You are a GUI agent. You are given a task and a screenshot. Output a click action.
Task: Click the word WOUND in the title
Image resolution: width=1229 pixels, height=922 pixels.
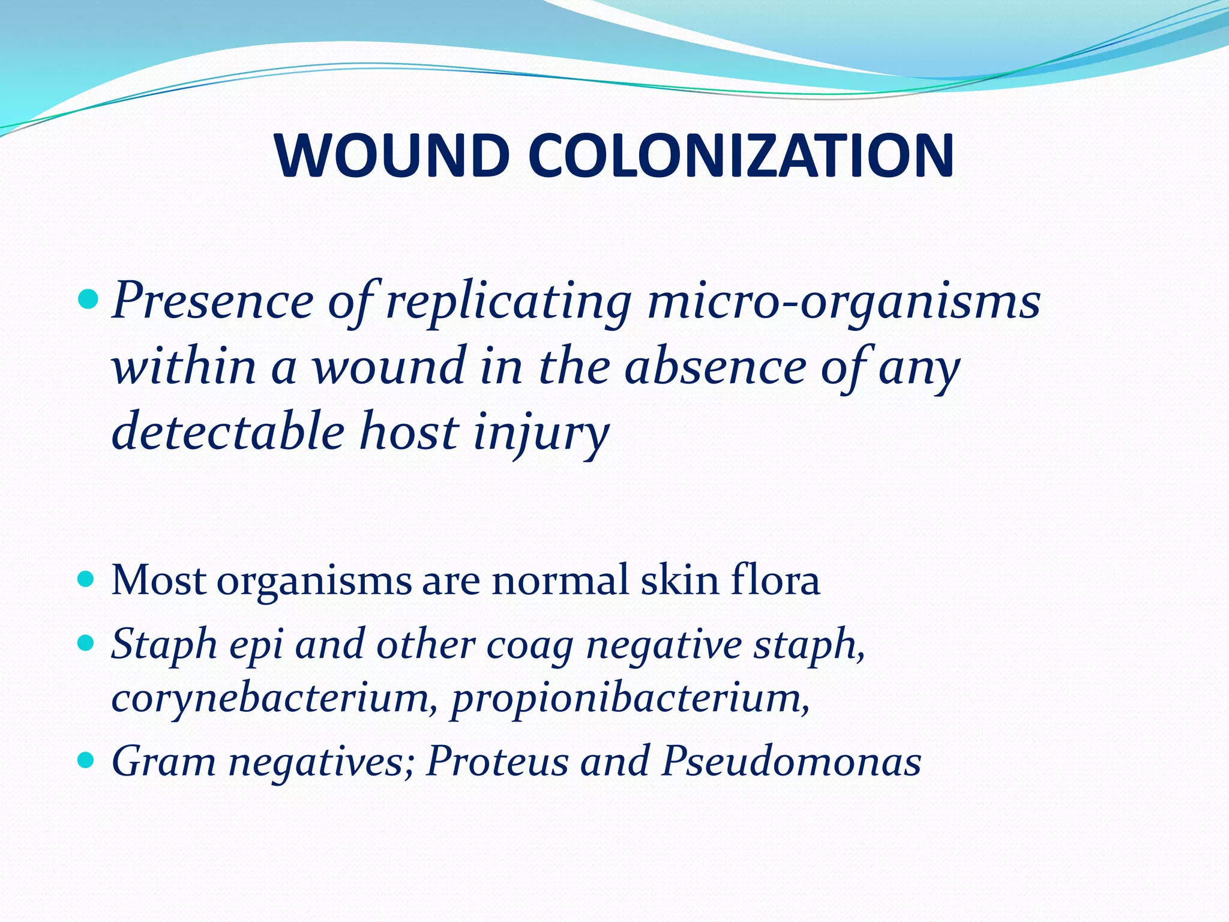coord(391,155)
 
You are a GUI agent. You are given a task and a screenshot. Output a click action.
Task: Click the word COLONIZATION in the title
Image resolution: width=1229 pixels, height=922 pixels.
coord(742,155)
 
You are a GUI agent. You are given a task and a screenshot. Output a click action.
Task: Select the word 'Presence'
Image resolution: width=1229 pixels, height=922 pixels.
coord(213,300)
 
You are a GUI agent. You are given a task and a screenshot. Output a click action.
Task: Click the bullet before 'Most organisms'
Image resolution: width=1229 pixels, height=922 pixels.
coord(88,579)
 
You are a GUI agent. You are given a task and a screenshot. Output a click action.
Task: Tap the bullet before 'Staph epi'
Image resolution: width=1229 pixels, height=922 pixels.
coord(88,644)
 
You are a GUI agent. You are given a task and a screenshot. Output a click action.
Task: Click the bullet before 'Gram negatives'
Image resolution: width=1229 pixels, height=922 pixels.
coord(88,761)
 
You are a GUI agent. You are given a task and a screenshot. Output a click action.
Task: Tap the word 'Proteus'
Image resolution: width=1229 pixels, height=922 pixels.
coord(496,762)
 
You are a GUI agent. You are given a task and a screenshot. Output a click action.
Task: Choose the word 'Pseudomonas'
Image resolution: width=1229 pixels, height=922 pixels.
coord(791,762)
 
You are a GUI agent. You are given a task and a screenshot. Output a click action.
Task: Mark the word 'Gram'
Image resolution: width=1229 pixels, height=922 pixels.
coord(164,762)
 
